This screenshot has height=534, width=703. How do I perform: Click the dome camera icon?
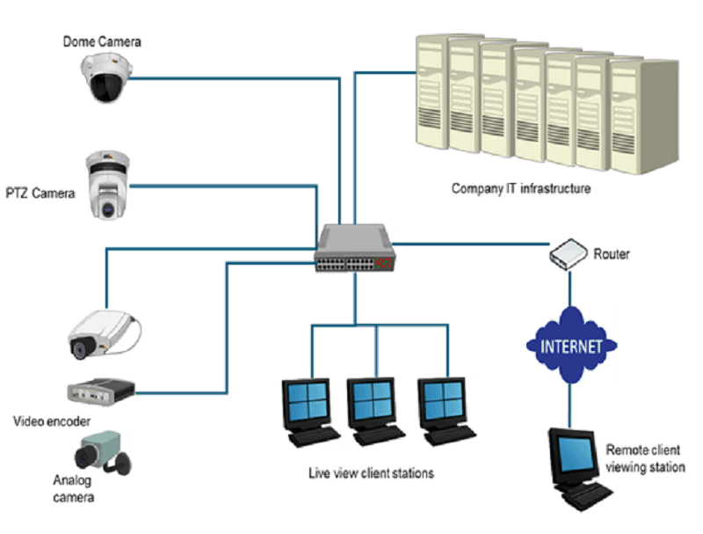point(106,77)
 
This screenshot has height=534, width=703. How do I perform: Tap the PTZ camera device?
point(107,186)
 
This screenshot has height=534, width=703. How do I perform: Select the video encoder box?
point(101,391)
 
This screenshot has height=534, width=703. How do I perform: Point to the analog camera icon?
point(103,452)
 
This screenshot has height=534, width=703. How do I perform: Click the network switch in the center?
point(355,248)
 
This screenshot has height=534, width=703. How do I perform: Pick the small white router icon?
point(568,254)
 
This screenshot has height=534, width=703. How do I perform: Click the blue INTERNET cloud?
point(570,346)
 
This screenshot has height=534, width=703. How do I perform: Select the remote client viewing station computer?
point(579,469)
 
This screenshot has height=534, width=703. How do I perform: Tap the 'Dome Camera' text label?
point(102,41)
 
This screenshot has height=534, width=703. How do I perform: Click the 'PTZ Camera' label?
point(40,194)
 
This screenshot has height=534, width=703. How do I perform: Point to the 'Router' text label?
point(612,254)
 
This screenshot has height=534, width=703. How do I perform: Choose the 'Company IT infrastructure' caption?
point(521,188)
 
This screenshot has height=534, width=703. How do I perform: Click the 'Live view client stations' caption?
point(371,473)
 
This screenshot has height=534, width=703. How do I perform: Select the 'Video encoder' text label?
point(52,421)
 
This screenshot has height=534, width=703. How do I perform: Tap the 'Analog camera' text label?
point(74,488)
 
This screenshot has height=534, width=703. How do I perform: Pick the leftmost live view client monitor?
point(310,413)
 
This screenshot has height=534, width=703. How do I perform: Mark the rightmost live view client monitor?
point(446,411)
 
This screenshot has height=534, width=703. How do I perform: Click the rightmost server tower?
point(644,117)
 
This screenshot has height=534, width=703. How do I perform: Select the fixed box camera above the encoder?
point(104,335)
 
